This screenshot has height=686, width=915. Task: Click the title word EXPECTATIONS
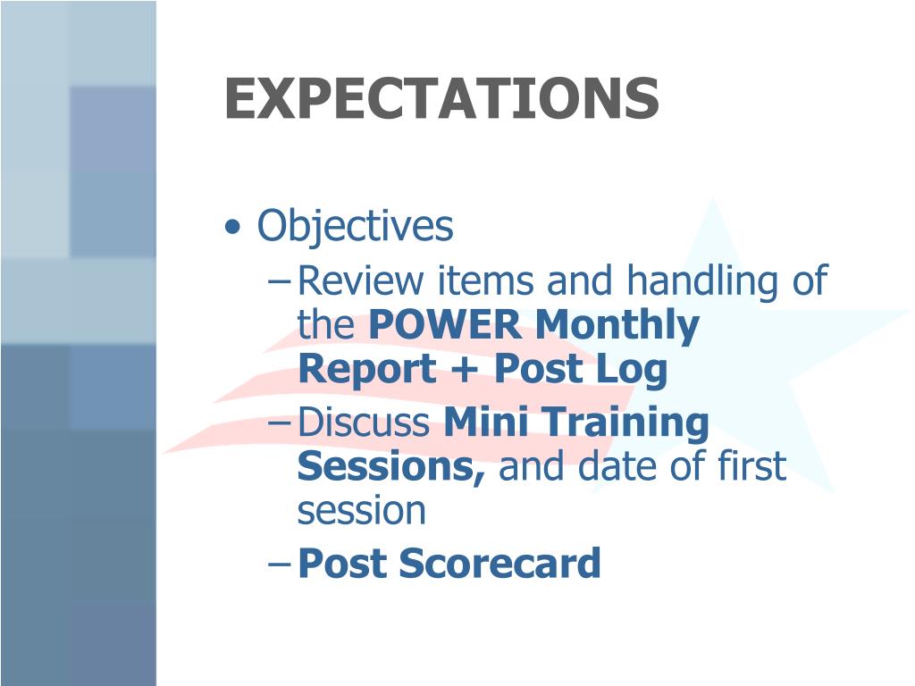point(441,98)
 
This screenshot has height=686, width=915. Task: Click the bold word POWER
point(444,326)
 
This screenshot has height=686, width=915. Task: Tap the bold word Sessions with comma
point(392,466)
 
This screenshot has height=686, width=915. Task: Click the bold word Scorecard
point(499,564)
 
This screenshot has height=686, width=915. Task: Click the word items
point(488,281)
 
